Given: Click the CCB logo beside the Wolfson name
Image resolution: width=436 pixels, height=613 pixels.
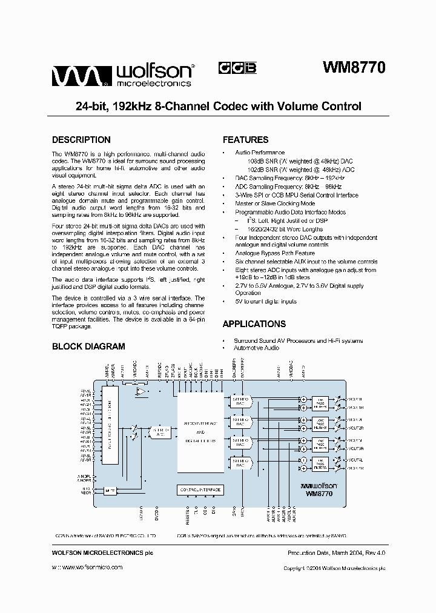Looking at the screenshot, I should pos(237,68).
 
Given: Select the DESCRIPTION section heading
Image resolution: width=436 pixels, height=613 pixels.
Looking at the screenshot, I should pos(81,139).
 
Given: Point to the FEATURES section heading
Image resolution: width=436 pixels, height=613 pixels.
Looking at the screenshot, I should pos(245,139).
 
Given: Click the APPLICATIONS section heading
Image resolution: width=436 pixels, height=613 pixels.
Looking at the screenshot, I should pos(254,324).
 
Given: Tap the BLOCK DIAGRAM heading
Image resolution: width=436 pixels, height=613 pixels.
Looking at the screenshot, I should pos(88,346).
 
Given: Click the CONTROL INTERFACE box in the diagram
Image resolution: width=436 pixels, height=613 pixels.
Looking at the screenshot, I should pos(200,489).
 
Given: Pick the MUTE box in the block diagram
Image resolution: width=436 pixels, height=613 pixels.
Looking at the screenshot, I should pos(110,490).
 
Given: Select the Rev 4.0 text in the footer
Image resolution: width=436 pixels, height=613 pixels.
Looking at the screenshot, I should pos(372,554).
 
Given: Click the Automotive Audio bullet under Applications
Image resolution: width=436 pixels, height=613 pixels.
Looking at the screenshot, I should pos(256,348).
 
